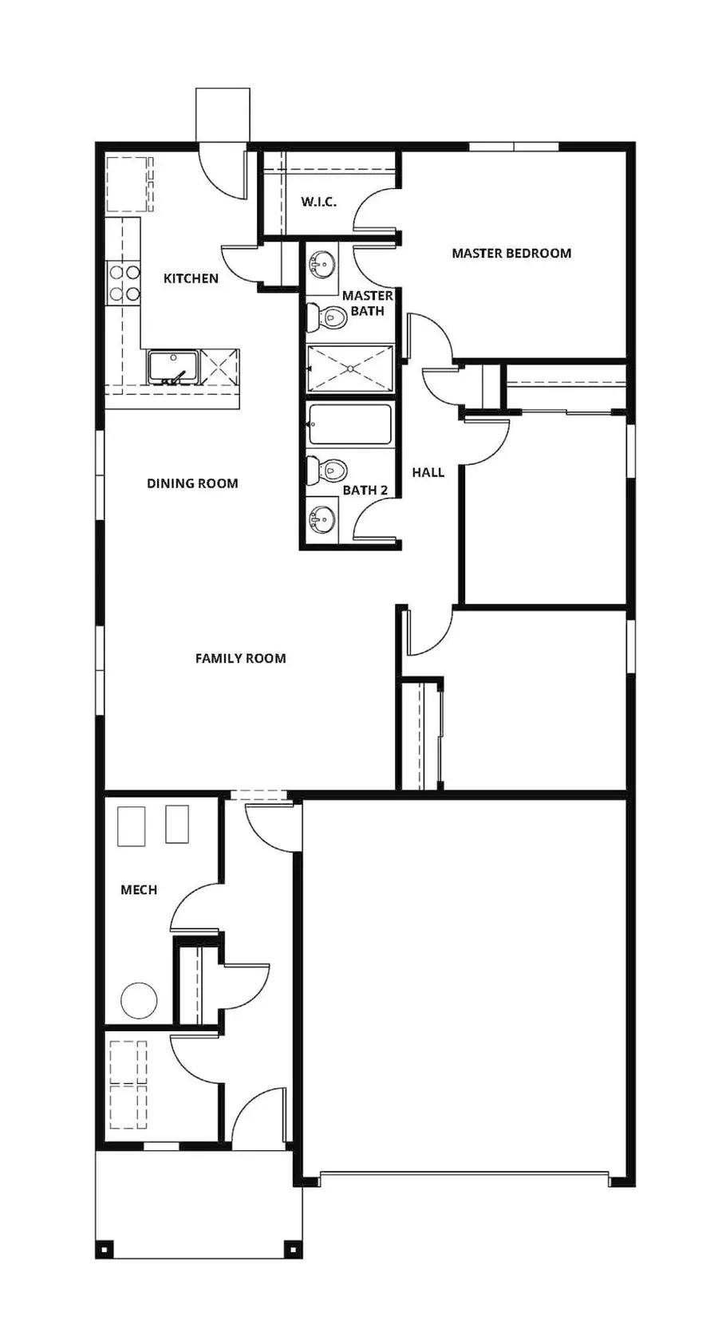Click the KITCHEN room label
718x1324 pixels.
(191, 278)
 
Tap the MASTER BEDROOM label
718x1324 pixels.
(511, 254)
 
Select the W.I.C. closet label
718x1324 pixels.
(318, 202)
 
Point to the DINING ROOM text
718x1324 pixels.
(192, 483)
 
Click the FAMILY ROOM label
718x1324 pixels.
(240, 659)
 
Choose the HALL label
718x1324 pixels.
(428, 472)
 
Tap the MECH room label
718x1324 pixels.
(139, 890)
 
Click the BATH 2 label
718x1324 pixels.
(365, 490)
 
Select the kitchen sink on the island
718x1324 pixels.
(172, 367)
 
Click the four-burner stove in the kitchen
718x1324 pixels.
(124, 283)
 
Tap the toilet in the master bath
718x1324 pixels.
(327, 317)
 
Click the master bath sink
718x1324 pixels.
(322, 263)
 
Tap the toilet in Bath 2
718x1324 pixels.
(327, 471)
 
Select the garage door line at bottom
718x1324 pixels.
(464, 1173)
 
